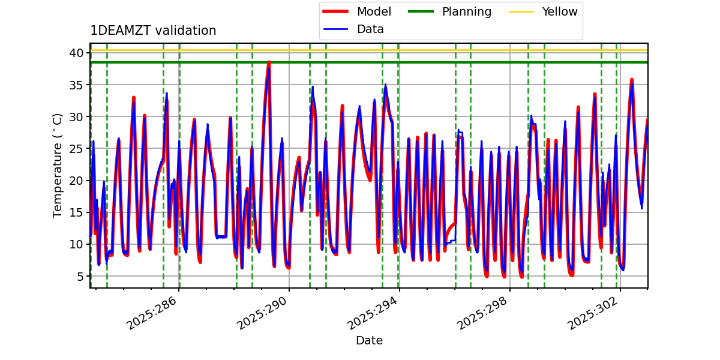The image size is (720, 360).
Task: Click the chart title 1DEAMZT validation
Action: click(x=153, y=31)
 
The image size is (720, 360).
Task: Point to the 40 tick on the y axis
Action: click(x=76, y=53)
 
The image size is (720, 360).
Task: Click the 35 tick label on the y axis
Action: click(x=76, y=85)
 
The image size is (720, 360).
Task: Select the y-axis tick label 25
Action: click(x=76, y=148)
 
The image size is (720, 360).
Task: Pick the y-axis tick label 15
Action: click(x=76, y=212)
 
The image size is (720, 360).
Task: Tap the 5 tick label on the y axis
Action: click(x=79, y=276)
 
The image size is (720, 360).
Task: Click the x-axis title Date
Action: click(x=369, y=341)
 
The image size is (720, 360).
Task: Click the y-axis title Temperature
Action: click(x=58, y=165)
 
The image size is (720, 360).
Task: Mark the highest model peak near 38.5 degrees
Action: click(x=269, y=62)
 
